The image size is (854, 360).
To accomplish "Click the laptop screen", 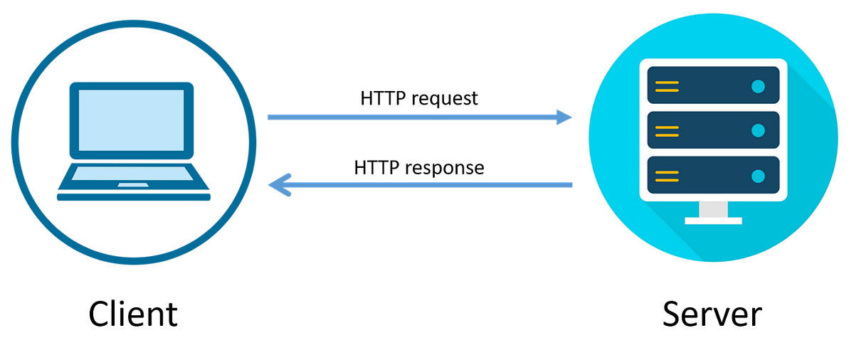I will [131, 120].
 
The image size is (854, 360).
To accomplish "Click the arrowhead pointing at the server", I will [564, 117].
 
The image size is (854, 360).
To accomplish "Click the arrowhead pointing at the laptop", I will [278, 185].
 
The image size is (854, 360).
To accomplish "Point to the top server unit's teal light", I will [757, 86].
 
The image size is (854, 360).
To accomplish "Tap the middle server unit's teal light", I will [757, 130].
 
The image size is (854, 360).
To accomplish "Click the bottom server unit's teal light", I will [757, 175].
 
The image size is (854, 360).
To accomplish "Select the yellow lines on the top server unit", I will [667, 86].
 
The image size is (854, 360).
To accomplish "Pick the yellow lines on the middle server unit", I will [667, 131].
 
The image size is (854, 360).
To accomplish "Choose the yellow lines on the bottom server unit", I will [667, 175].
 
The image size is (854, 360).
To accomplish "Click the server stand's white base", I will [713, 221].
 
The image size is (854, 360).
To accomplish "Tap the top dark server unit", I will [712, 85].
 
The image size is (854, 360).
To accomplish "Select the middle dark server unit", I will [712, 130].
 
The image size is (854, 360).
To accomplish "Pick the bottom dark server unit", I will [712, 175].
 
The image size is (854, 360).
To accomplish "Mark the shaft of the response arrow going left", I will [427, 185].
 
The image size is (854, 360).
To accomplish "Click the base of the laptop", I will [134, 197].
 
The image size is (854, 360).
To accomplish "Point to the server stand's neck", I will [713, 209].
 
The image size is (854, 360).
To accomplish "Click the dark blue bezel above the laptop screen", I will [131, 85].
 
